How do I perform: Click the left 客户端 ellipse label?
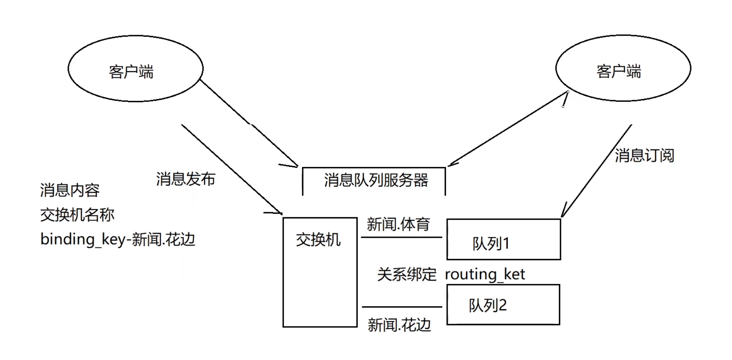tap(131, 72)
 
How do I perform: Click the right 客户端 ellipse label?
tap(619, 72)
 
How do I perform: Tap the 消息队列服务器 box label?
tap(376, 180)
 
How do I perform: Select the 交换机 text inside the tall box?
tap(318, 240)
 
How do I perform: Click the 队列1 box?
tap(503, 240)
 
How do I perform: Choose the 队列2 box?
tap(503, 305)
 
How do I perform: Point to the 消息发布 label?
tap(185, 179)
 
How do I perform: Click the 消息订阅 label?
tap(644, 155)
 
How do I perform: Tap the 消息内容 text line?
tap(70, 190)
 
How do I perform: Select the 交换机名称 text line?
tap(77, 215)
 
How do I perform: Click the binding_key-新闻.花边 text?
tap(118, 239)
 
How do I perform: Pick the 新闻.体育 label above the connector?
tap(398, 224)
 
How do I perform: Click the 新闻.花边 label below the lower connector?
tap(399, 325)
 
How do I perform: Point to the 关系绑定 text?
tap(407, 274)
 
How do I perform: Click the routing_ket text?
tap(485, 274)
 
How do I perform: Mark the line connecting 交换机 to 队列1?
tap(401, 237)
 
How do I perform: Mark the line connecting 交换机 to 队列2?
tap(402, 307)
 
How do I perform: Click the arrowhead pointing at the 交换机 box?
tap(279, 212)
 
